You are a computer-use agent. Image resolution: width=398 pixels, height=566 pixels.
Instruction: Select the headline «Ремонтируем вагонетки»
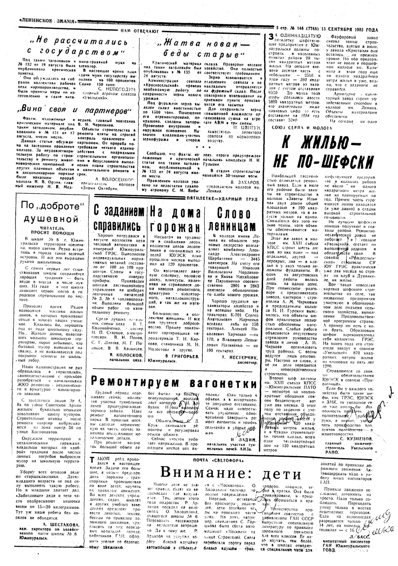[x=174, y=383]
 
